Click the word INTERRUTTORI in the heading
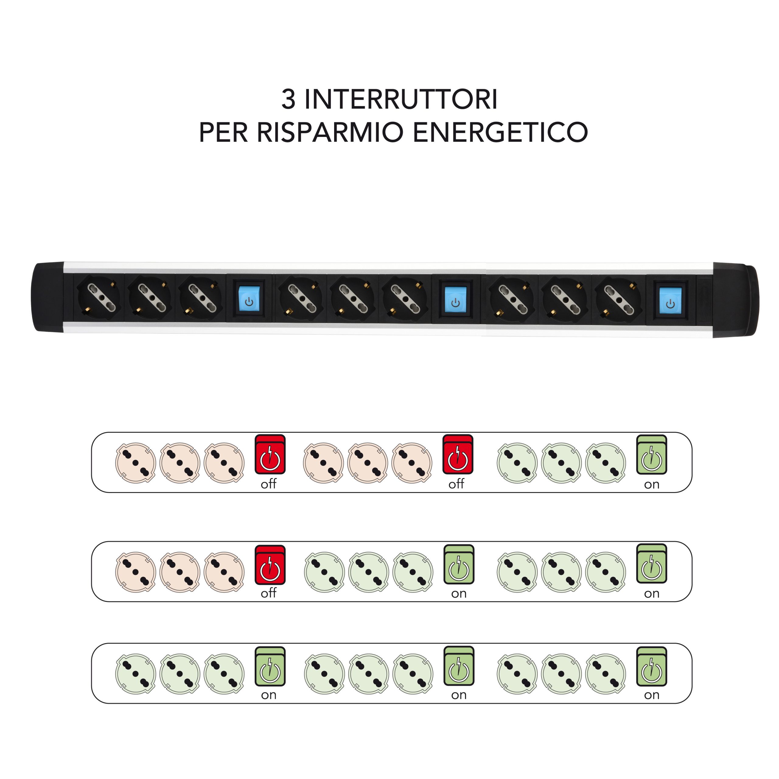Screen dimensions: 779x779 [x=401, y=99]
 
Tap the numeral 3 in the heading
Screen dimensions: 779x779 [x=288, y=99]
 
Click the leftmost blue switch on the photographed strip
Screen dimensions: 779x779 [x=249, y=299]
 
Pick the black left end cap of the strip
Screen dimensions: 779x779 [x=48, y=298]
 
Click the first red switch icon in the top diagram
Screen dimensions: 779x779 [x=270, y=454]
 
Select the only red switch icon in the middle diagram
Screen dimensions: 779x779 [x=270, y=564]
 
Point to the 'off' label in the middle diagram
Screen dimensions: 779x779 [x=268, y=593]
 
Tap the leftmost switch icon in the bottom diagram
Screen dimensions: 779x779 [x=270, y=666]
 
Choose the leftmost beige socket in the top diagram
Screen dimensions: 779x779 [x=135, y=463]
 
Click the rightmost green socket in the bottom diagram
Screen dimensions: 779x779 [x=606, y=674]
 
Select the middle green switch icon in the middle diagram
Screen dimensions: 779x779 [x=459, y=564]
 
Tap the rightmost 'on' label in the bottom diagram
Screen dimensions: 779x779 [x=651, y=695]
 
